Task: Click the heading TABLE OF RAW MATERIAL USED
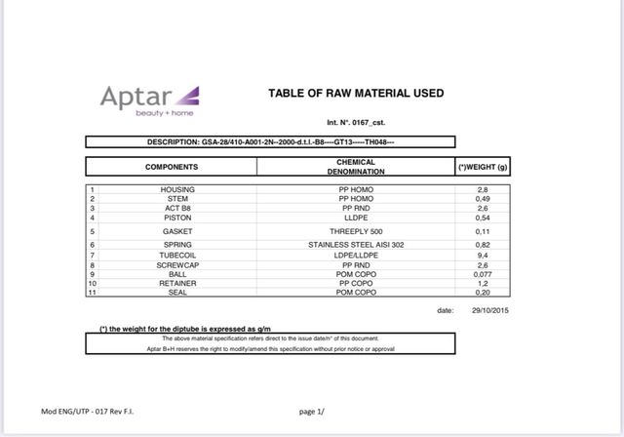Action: point(355,94)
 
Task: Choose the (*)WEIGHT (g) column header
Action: point(484,167)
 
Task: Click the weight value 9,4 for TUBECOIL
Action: point(482,255)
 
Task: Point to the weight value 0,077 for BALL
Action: point(482,274)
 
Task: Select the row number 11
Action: point(91,292)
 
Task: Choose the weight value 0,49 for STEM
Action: point(482,198)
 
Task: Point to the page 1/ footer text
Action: point(310,412)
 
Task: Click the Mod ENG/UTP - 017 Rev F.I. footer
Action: point(87,412)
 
